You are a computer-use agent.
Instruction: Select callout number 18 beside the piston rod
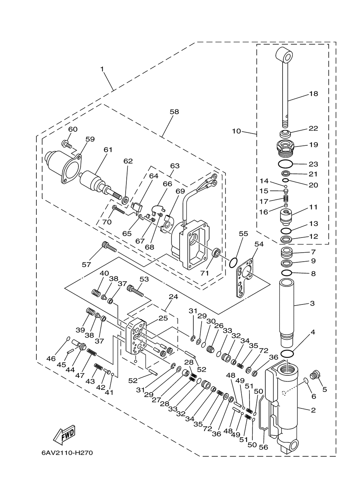click(314, 94)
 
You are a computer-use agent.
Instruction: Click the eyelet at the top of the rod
click(284, 55)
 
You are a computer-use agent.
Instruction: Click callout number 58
click(174, 112)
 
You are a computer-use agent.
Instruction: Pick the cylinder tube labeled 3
click(287, 316)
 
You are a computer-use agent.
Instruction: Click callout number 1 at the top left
click(102, 69)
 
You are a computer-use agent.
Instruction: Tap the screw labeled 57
click(109, 247)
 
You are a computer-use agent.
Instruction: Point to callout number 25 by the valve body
click(163, 318)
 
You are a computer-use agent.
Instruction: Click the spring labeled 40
click(96, 293)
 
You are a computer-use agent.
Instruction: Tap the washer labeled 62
click(126, 200)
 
